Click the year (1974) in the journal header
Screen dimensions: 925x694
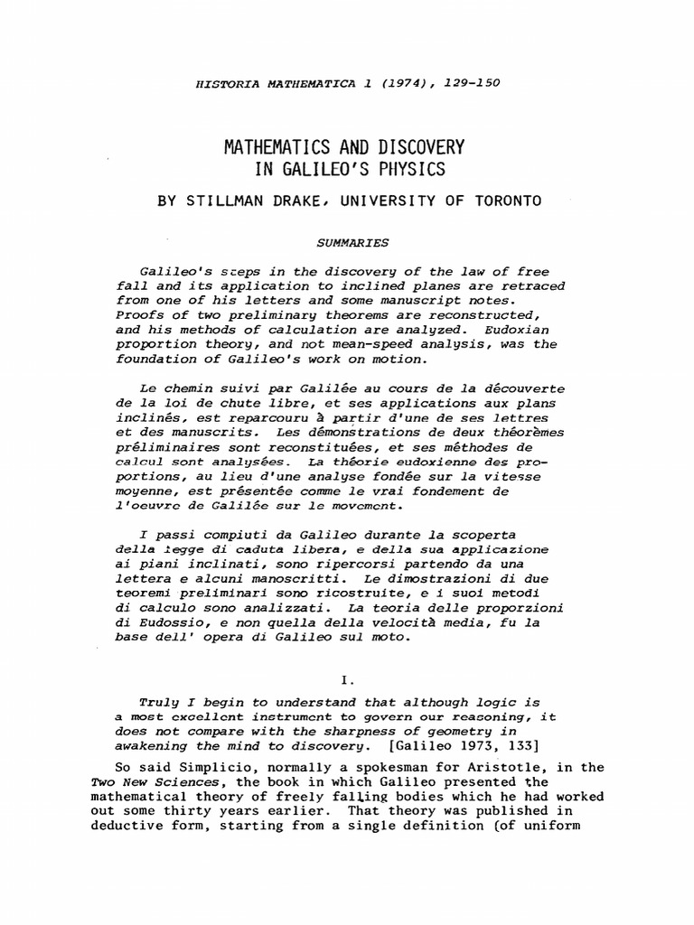coord(408,84)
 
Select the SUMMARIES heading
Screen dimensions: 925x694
coord(352,243)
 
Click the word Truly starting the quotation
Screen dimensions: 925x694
coord(159,702)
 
